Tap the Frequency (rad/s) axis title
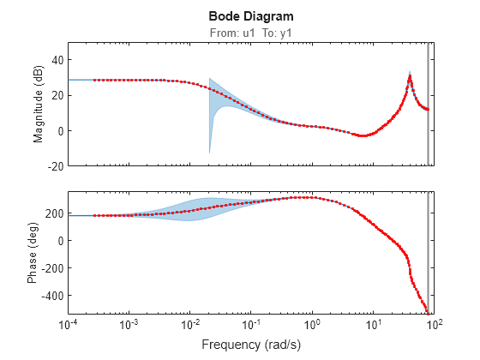pyautogui.click(x=250, y=345)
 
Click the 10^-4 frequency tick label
pyautogui.click(x=69, y=324)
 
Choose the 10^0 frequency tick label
pyautogui.click(x=312, y=324)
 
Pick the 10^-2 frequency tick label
pyautogui.click(x=190, y=324)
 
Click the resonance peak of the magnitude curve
pyautogui.click(x=410, y=76)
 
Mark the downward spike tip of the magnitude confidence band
pyautogui.click(x=209, y=153)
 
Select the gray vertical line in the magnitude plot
pyautogui.click(x=428, y=103)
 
